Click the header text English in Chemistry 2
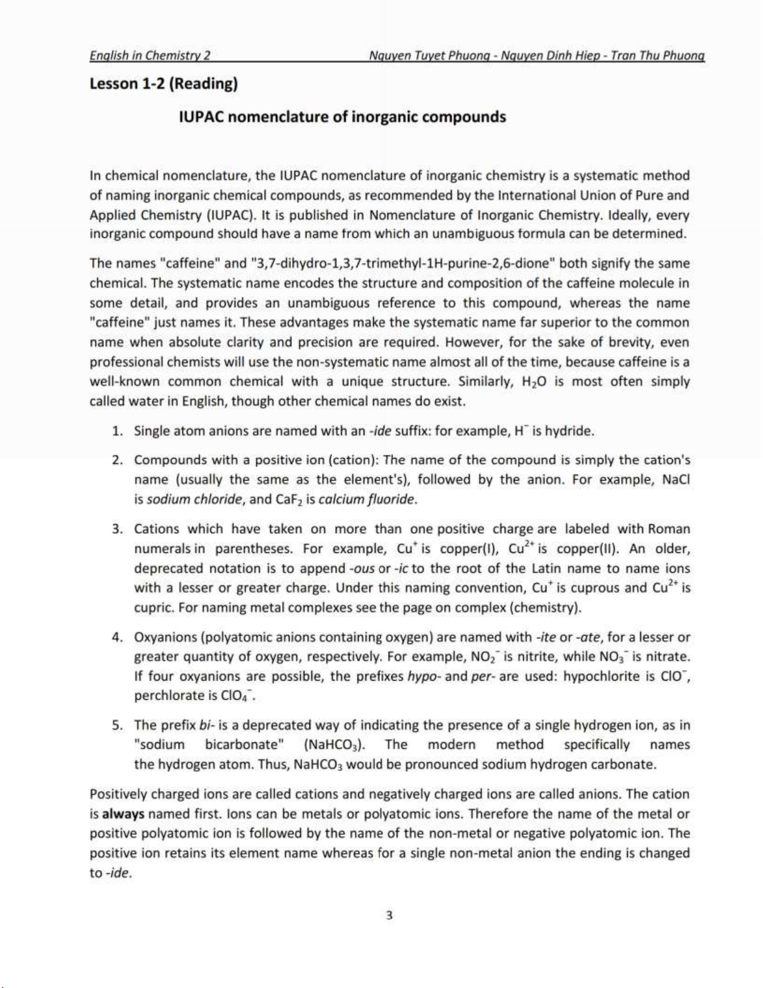pyautogui.click(x=149, y=55)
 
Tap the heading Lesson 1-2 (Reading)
pyautogui.click(x=163, y=84)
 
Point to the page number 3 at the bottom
pyautogui.click(x=389, y=915)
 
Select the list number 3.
pyautogui.click(x=116, y=529)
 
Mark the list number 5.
pyautogui.click(x=116, y=725)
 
